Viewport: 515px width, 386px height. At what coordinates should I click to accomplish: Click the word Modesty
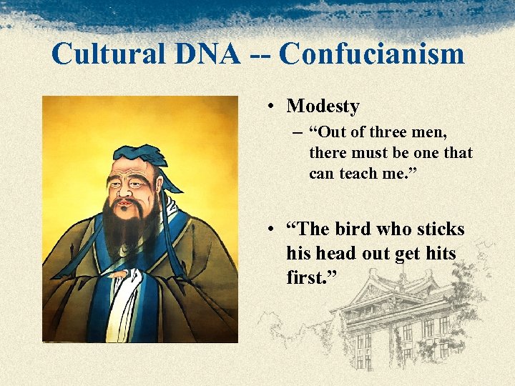point(323,107)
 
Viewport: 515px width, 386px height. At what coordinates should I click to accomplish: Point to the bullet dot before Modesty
point(273,107)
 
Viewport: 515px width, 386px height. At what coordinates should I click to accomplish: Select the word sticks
point(439,229)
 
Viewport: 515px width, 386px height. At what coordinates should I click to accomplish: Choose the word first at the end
point(304,277)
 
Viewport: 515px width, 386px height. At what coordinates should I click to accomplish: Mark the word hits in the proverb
point(440,253)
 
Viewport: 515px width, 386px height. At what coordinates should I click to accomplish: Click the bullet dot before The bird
point(273,230)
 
